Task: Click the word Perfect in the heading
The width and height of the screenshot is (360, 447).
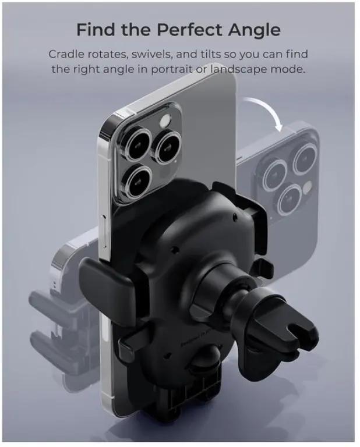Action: pos(189,30)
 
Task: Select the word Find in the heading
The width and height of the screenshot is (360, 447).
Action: pos(97,30)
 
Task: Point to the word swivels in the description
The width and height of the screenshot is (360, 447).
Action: pos(151,54)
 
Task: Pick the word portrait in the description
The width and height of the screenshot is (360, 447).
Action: pos(171,69)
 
